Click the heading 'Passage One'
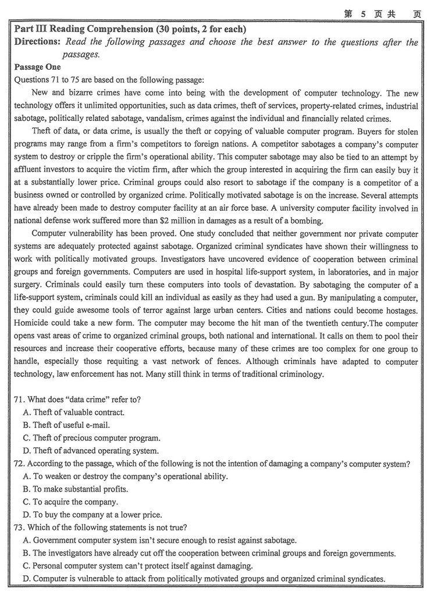point(37,67)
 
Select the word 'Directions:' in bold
point(37,42)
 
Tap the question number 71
point(19,399)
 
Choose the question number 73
point(19,528)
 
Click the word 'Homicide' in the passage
point(32,323)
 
